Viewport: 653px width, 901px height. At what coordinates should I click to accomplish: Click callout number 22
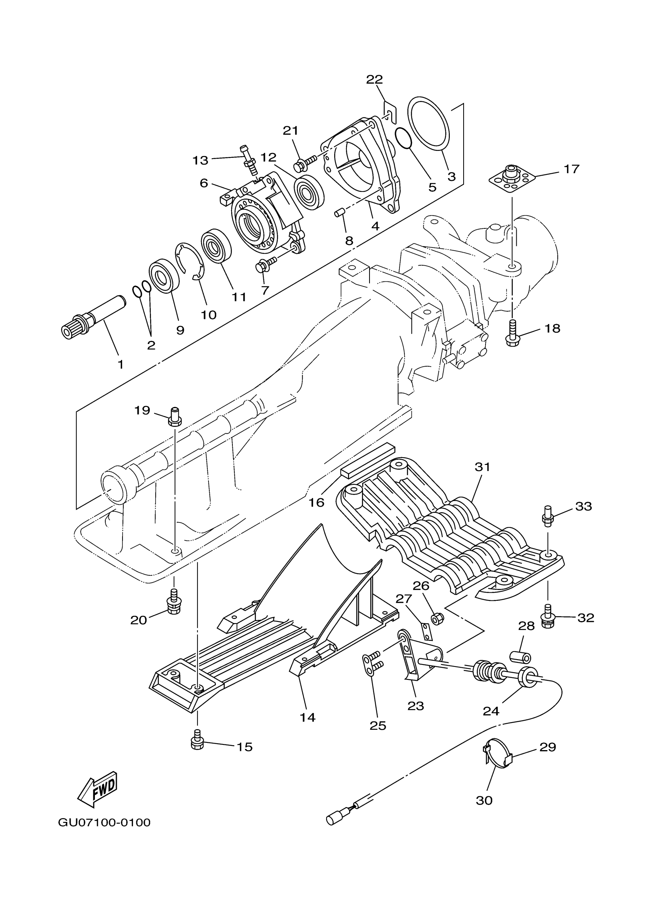[374, 79]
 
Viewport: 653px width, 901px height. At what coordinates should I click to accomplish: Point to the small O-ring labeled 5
[405, 138]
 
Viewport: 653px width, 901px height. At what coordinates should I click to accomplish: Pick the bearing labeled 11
[216, 246]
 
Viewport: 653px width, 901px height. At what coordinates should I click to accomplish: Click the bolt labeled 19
[175, 417]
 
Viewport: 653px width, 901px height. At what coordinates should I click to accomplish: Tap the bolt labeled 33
[548, 516]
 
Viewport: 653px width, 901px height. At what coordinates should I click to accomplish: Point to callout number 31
[482, 467]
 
